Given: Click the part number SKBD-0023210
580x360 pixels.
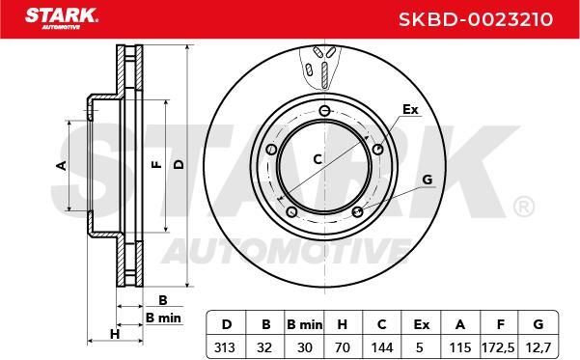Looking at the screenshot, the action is click(476, 19).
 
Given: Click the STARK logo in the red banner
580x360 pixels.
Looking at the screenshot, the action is click(62, 18).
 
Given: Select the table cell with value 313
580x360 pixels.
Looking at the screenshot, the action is click(225, 347).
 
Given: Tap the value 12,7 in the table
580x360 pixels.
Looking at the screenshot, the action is click(539, 347).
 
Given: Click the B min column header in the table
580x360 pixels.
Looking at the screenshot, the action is click(304, 324).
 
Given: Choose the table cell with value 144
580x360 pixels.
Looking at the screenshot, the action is click(382, 347).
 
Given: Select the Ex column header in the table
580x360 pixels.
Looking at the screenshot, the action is click(422, 324).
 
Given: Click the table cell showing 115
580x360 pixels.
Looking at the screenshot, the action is click(460, 347).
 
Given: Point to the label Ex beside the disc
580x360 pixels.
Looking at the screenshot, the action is click(410, 109).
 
